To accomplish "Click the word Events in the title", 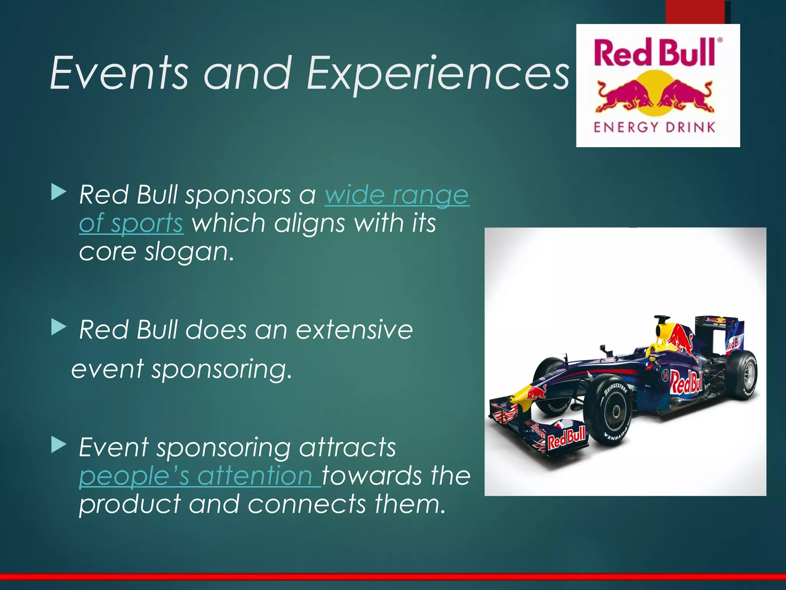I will coord(119,73).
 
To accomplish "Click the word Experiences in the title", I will coord(438,75).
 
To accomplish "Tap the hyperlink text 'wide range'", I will coord(397,195).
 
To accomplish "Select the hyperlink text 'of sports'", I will coord(131,224).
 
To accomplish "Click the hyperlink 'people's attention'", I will coord(200,476).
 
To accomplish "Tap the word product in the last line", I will coord(129,504).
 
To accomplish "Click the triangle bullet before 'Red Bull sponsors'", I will coord(58,192).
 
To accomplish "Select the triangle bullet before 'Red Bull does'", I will coord(58,327).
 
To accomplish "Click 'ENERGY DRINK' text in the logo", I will coord(654,127).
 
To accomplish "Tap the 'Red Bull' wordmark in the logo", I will coord(654,53).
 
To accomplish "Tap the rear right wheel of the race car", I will coord(743,375).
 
